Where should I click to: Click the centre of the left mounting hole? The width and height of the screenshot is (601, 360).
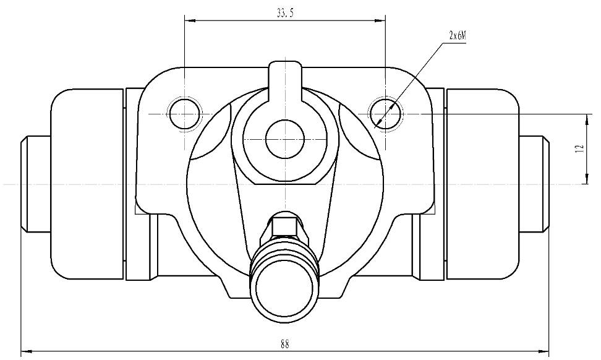[x=185, y=114]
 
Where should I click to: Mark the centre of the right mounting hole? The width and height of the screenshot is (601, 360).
[x=386, y=114]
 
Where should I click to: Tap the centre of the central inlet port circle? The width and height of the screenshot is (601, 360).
[x=285, y=139]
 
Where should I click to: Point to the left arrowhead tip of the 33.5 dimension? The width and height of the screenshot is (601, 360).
[x=185, y=20]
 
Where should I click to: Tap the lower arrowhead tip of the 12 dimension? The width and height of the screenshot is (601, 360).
[x=586, y=184]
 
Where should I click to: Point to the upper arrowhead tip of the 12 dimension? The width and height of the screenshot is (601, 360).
[x=586, y=114]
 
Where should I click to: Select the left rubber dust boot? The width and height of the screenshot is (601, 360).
[x=87, y=184]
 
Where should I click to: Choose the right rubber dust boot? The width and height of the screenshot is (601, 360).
[x=482, y=184]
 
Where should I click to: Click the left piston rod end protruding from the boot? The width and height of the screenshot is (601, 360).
[x=36, y=184]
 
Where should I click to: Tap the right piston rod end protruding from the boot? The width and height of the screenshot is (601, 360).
[x=535, y=184]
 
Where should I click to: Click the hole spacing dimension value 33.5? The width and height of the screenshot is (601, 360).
[x=285, y=14]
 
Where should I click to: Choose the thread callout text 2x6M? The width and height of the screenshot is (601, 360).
[x=457, y=36]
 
